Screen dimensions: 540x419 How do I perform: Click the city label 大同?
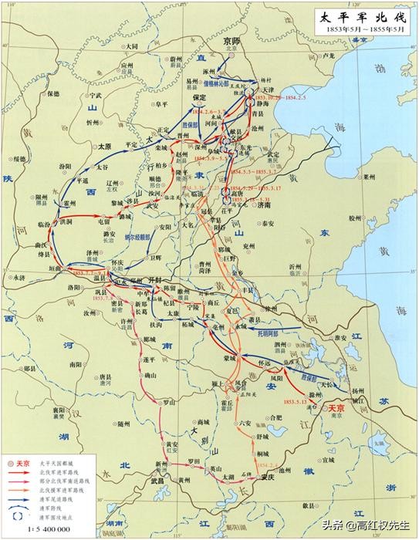(133, 46)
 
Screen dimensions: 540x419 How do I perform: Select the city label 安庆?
(268, 476)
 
